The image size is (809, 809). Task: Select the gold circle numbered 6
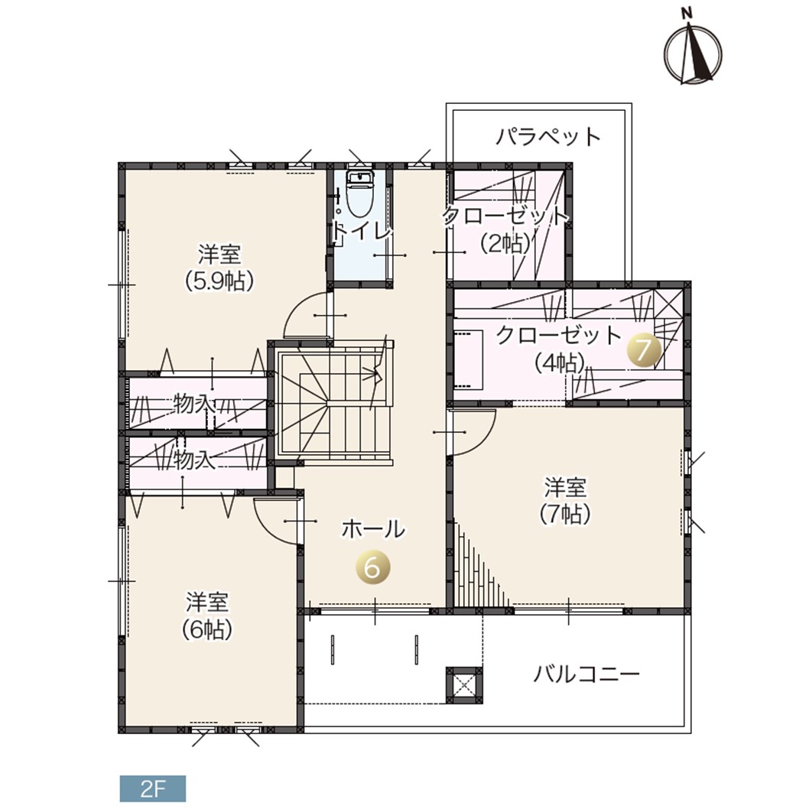click(x=372, y=568)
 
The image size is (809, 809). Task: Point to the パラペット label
click(x=549, y=137)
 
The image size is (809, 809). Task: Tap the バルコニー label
click(x=586, y=674)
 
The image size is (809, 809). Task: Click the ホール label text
click(x=373, y=529)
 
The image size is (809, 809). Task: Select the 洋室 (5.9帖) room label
click(x=219, y=268)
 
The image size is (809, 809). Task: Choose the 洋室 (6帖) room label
click(x=207, y=615)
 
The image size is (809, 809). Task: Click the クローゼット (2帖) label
click(x=505, y=229)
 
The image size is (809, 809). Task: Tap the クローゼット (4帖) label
click(x=559, y=349)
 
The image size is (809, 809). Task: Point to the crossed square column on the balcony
click(x=464, y=685)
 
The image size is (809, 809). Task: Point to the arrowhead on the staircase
click(x=377, y=370)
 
